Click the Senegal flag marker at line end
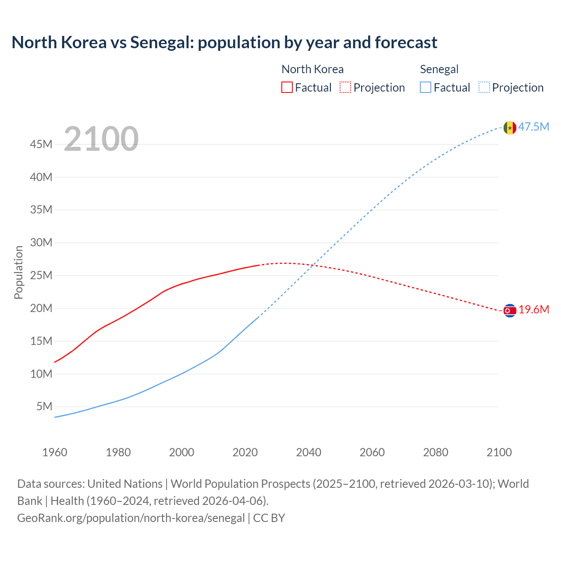(x=509, y=128)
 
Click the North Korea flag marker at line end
(x=509, y=311)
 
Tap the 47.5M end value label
(x=534, y=127)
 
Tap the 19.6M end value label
(x=534, y=310)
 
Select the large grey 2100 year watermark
(x=101, y=139)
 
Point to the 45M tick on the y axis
(x=42, y=145)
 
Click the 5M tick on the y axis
(x=44, y=407)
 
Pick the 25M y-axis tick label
(x=42, y=276)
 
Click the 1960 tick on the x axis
(x=55, y=452)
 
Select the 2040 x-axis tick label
(x=309, y=452)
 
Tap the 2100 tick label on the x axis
(x=499, y=452)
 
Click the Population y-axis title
(x=18, y=272)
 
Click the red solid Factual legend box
(x=287, y=88)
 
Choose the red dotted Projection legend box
(x=345, y=88)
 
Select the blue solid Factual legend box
(x=426, y=88)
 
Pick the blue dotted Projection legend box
(x=484, y=88)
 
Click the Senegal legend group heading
(x=439, y=69)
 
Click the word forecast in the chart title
(x=406, y=43)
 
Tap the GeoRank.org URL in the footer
(x=131, y=518)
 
